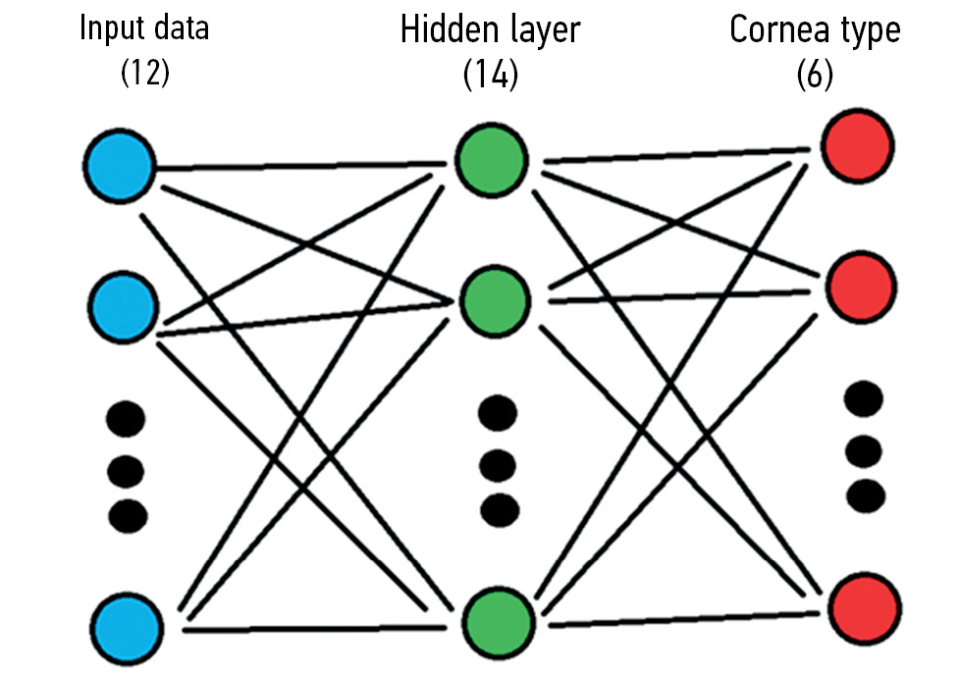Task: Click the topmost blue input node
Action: pyautogui.click(x=120, y=166)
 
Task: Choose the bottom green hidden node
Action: pyautogui.click(x=493, y=619)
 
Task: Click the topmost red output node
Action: pyautogui.click(x=858, y=146)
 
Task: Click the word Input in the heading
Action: pyautogui.click(x=109, y=27)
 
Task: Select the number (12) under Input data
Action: pyautogui.click(x=144, y=74)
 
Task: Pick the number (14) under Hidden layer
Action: pyautogui.click(x=490, y=76)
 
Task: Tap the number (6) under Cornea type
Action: pyautogui.click(x=815, y=76)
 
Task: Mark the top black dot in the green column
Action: pyautogui.click(x=498, y=413)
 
